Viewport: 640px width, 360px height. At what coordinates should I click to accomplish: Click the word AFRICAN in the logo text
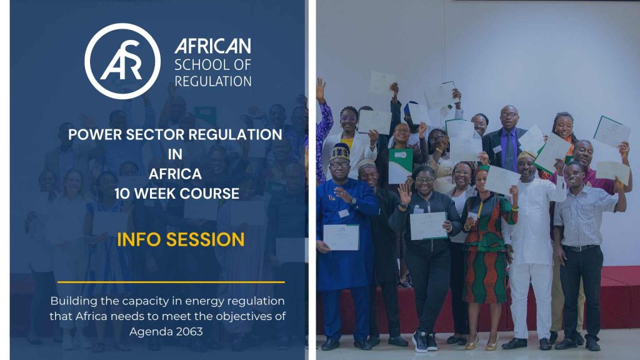(212, 46)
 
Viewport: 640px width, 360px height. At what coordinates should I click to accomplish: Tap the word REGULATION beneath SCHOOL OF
(212, 81)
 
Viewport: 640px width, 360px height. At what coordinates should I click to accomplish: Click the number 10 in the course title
(122, 194)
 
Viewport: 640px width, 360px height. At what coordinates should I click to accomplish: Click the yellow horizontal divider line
(171, 282)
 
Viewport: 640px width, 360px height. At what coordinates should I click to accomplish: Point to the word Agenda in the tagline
(151, 332)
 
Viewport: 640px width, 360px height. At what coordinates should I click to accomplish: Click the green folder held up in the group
(400, 166)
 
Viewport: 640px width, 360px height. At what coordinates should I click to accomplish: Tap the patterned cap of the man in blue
(339, 152)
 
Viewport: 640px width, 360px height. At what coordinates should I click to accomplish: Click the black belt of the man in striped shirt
(581, 247)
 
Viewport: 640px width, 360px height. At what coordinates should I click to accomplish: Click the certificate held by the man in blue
(341, 237)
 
